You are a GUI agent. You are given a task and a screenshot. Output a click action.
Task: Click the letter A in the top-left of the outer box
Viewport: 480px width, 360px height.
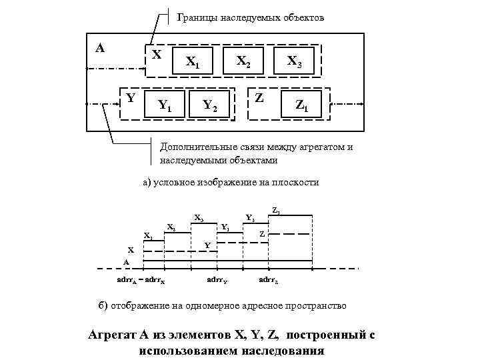point(100,48)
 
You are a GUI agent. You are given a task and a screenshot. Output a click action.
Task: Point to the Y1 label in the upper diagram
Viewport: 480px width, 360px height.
point(165,105)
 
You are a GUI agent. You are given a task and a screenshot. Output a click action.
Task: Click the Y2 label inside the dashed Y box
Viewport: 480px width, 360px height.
point(210,105)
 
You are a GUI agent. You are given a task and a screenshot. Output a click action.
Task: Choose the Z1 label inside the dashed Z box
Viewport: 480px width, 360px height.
point(302,105)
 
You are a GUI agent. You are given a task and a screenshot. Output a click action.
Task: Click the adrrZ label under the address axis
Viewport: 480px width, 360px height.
point(269,279)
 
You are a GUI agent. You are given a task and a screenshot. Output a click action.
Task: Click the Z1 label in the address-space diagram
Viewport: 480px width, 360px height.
point(276,211)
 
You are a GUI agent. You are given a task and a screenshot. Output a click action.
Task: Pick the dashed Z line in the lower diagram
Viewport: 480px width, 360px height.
point(290,234)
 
